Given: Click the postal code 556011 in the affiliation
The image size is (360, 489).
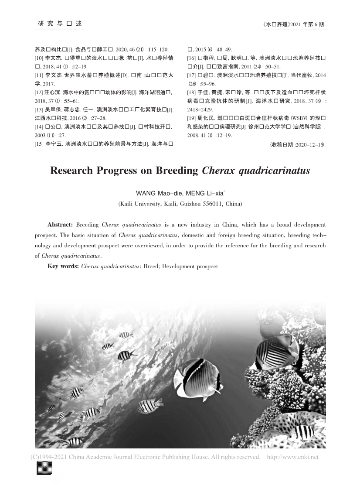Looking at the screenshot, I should pyautogui.click(x=205, y=204).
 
